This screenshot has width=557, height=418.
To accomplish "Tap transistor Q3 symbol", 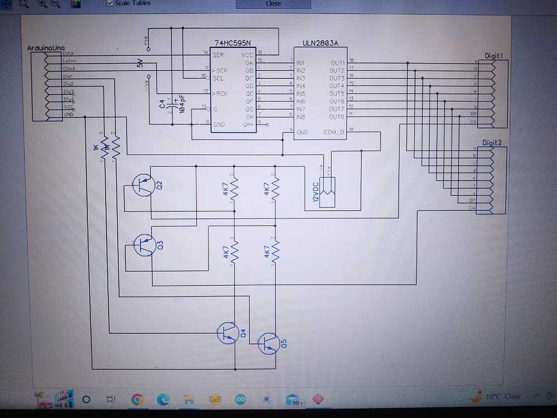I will pyautogui.click(x=145, y=245).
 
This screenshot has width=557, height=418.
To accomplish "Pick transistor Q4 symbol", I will pyautogui.click(x=227, y=333).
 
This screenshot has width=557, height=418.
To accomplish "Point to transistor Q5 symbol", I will pyautogui.click(x=268, y=343).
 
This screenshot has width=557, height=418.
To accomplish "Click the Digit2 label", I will pyautogui.click(x=492, y=143).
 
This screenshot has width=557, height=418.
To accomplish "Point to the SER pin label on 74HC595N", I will pyautogui.click(x=218, y=55).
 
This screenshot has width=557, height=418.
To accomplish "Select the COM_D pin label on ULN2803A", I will pyautogui.click(x=335, y=133).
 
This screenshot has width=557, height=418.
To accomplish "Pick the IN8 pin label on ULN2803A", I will pyautogui.click(x=301, y=116).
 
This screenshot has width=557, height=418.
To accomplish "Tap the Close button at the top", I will pyautogui.click(x=273, y=3).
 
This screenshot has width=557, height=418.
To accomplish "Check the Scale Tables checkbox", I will pyautogui.click(x=110, y=3).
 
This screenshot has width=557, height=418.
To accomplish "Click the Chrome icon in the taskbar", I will pyautogui.click(x=137, y=399).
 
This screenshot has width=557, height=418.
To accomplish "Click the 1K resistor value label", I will pyautogui.click(x=96, y=149).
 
